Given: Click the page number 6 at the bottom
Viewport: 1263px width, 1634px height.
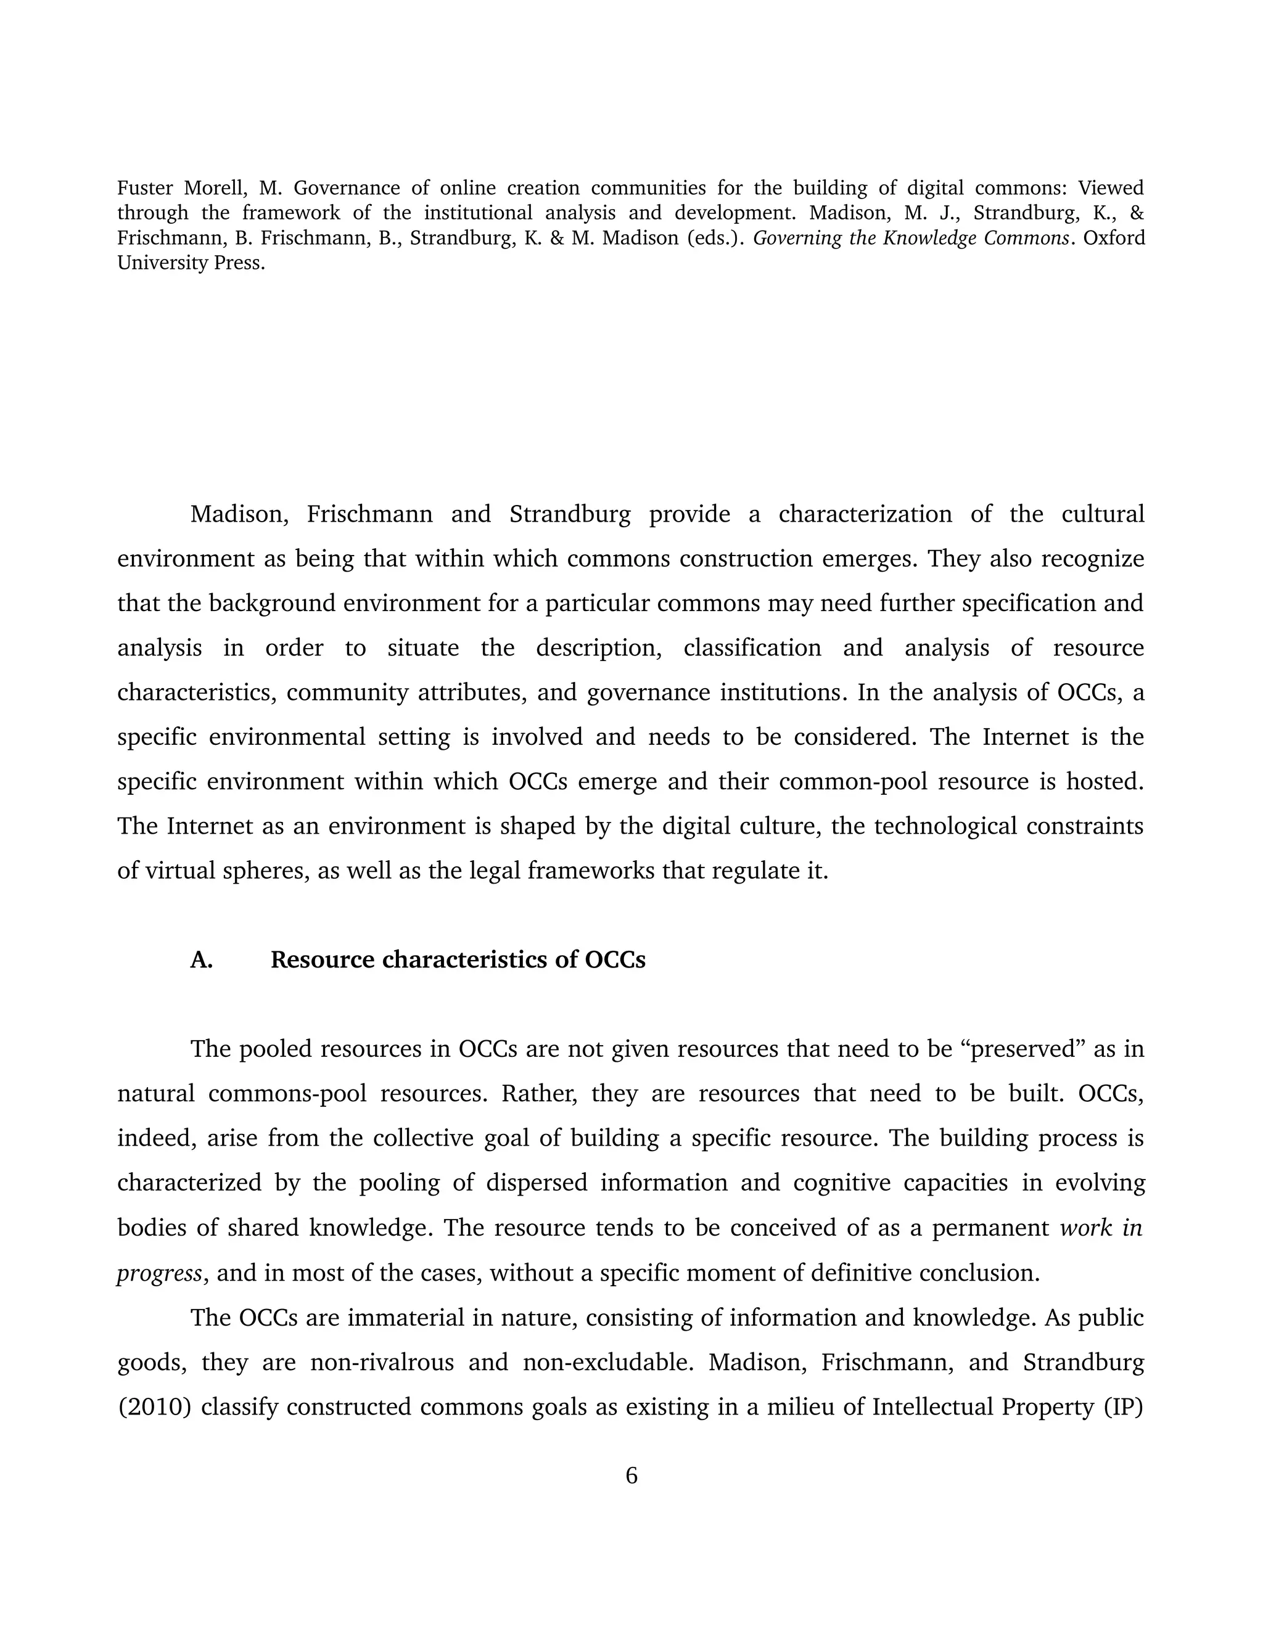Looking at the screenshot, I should pyautogui.click(x=631, y=1476).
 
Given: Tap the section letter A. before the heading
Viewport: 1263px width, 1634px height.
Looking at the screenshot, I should pyautogui.click(x=201, y=960).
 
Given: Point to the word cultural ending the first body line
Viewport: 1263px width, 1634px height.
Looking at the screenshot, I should pyautogui.click(x=1102, y=515).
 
